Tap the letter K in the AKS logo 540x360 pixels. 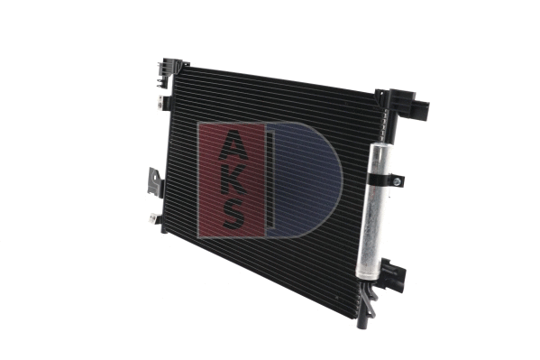(x=232, y=177)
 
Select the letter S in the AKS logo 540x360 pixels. (x=232, y=213)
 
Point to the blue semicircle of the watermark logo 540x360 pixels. (x=307, y=180)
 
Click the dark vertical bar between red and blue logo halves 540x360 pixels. (x=270, y=180)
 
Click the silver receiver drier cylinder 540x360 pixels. (x=374, y=217)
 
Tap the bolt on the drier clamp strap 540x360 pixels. (x=398, y=180)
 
